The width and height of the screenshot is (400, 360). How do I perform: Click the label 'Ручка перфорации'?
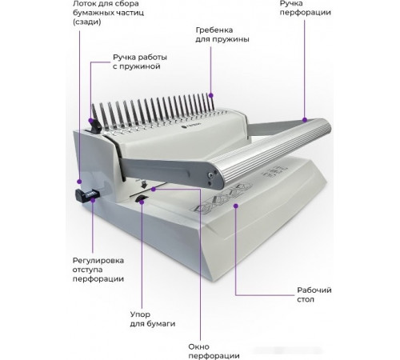coord(305,8)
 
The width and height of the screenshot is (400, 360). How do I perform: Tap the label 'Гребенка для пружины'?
coord(222,34)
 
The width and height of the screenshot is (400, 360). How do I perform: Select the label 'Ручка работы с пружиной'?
coord(140,62)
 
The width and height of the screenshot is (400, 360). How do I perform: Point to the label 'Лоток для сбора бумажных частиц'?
coord(108,13)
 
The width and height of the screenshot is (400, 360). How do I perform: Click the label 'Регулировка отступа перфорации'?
coord(98,270)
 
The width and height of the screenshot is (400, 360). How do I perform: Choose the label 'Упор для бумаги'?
coord(153,319)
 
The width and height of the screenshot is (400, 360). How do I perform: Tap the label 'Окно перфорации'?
coord(214,351)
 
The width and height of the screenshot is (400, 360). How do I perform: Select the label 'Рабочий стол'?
coord(314,294)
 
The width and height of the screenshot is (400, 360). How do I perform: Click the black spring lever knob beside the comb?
coord(95,126)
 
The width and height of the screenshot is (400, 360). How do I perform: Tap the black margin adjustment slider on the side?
coord(87,195)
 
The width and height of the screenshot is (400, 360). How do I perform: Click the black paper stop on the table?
coord(141,198)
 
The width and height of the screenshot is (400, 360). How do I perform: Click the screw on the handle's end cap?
coord(211,174)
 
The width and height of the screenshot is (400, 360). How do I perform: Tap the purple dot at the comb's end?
coord(211,94)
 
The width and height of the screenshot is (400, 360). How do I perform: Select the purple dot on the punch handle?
coord(305,120)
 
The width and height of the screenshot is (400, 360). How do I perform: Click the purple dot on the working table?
coord(235,206)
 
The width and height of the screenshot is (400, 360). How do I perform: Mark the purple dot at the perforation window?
coord(153,189)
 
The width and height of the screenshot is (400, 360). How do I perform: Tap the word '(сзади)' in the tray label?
coord(87,22)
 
